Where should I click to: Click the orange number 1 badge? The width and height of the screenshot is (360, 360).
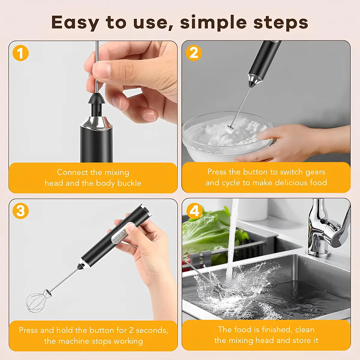pyautogui.click(x=21, y=53)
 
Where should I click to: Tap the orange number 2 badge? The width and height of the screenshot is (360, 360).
pyautogui.click(x=194, y=53)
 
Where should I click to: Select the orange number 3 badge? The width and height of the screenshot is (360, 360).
pyautogui.click(x=21, y=211)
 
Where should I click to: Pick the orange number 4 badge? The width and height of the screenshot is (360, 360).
pyautogui.click(x=194, y=211)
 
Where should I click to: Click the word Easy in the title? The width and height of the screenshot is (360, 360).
pyautogui.click(x=75, y=23)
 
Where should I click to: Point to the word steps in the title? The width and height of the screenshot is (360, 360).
pyautogui.click(x=280, y=23)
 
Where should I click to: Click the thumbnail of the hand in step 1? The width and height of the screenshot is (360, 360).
pyautogui.click(x=102, y=70)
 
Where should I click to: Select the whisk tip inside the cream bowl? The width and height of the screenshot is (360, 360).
pyautogui.click(x=229, y=129)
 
